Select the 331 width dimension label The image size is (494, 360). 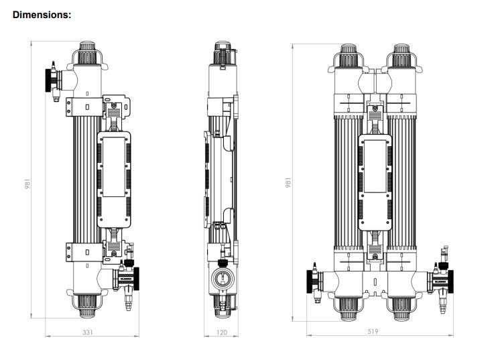coord(92,332)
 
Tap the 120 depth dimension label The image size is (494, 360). coord(221,332)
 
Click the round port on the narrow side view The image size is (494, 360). coord(221,279)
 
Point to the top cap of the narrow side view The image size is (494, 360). coord(222,51)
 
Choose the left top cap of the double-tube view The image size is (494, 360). coord(348,52)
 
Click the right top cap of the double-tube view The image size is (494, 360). coord(402,52)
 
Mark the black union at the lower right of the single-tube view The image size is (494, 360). coord(136,277)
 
